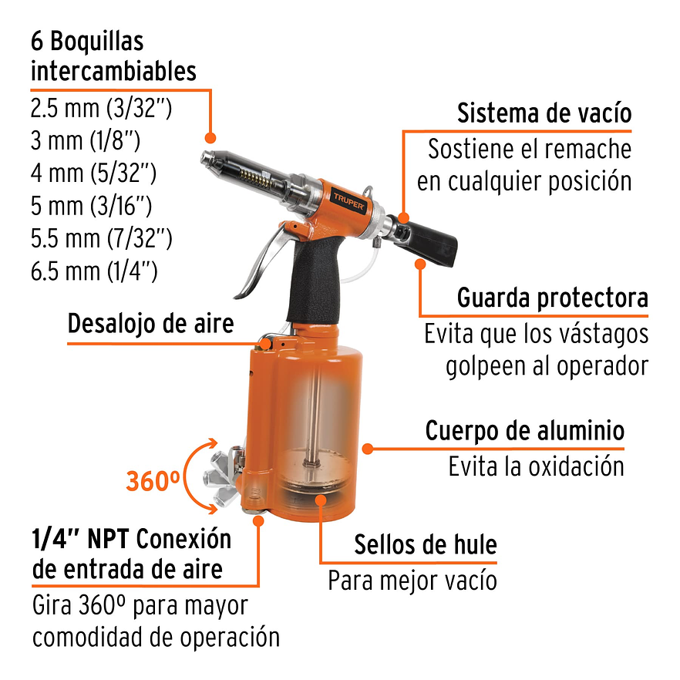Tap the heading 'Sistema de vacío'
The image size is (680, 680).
pyautogui.click(x=544, y=113)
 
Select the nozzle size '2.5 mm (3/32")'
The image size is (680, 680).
pyautogui.click(x=100, y=107)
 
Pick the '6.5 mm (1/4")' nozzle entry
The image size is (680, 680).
pyautogui.click(x=94, y=271)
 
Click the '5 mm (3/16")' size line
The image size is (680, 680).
pyautogui.click(x=90, y=206)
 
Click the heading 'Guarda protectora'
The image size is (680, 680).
pyautogui.click(x=552, y=298)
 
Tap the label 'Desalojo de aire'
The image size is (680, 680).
pyautogui.click(x=150, y=324)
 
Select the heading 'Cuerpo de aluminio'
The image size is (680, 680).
pyautogui.click(x=524, y=431)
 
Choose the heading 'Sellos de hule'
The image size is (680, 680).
pyautogui.click(x=425, y=545)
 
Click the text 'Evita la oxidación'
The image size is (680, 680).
pyautogui.click(x=536, y=466)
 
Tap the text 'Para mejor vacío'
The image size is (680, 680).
pyautogui.click(x=412, y=580)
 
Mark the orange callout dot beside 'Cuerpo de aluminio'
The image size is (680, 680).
pyautogui.click(x=369, y=448)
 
